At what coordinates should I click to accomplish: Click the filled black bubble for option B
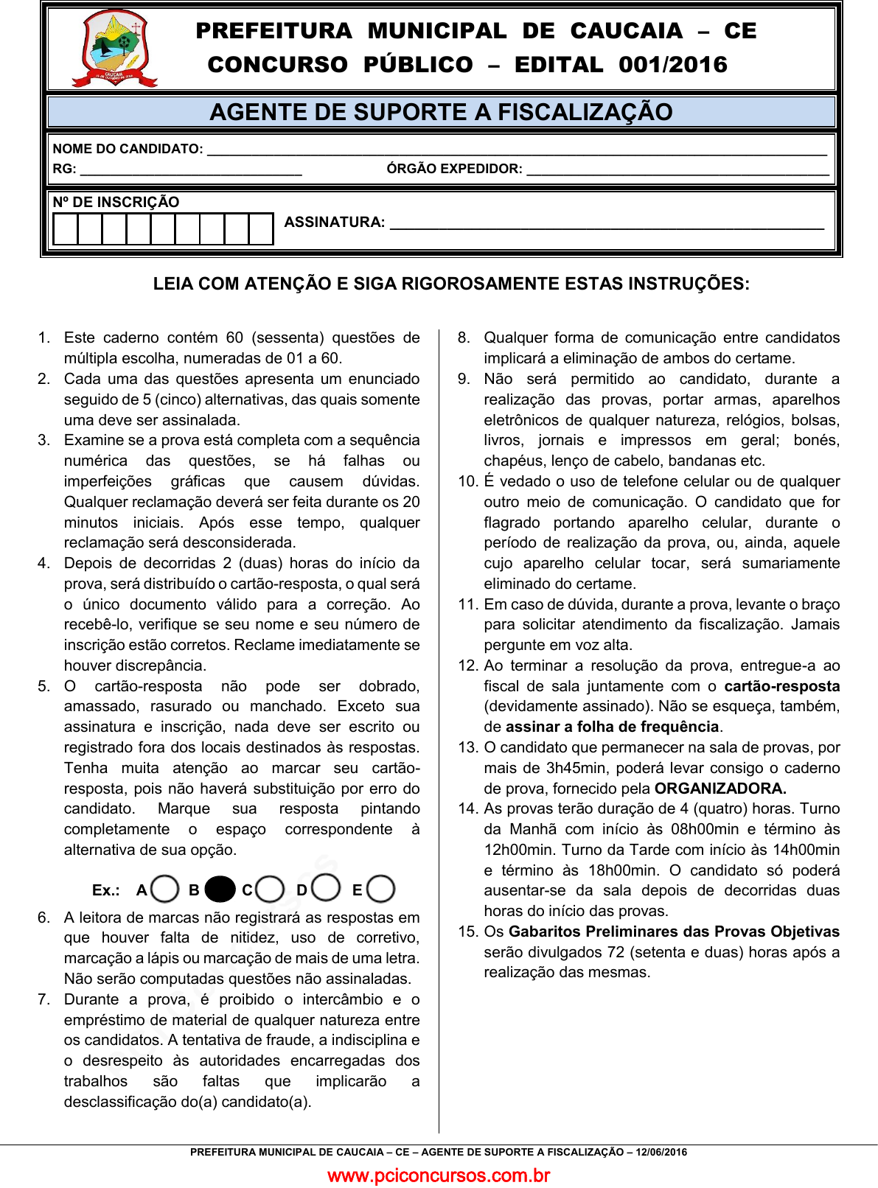pos(220,890)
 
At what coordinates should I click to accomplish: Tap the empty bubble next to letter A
pos(165,889)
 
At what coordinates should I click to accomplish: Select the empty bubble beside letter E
pos(380,889)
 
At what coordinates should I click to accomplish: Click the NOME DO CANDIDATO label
pos(128,149)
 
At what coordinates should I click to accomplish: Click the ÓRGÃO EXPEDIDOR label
pos(454,169)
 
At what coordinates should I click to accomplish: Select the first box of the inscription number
pos(66,229)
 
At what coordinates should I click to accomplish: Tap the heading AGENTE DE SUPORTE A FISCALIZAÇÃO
pos(441,112)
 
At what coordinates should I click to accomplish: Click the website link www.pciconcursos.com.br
pos(439,1175)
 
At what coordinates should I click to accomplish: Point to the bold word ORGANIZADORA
pos(720,789)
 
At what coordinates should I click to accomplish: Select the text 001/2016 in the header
pos(672,65)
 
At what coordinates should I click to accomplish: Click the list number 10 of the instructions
pos(468,481)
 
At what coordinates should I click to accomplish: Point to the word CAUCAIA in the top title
pos(626,31)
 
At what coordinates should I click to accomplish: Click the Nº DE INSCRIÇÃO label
pos(116,202)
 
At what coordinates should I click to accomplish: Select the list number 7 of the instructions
pos(43,999)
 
